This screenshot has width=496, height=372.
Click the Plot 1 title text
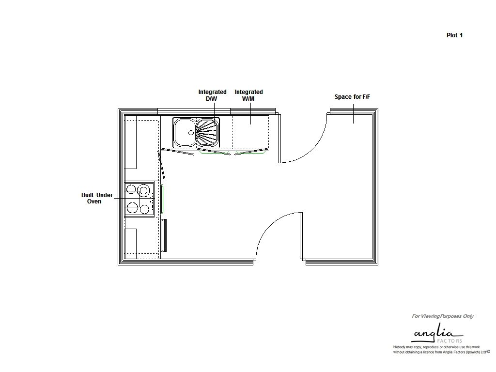454,35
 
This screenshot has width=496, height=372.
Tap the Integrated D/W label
212,95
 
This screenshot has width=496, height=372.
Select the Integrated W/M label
248,95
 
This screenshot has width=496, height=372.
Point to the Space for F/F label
352,97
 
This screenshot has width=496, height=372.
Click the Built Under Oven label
97,198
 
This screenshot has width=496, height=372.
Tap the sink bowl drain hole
191,133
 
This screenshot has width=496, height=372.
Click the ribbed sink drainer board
207,132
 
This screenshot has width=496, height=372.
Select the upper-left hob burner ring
131,190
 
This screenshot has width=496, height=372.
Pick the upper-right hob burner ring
144,190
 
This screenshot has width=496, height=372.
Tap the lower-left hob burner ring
132,208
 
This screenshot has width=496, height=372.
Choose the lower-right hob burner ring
144,209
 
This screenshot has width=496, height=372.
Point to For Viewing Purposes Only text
443,316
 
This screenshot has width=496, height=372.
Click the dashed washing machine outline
251,132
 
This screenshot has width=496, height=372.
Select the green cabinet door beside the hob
162,199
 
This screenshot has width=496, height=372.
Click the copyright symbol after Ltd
488,352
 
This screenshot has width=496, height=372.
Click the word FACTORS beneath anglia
449,341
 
